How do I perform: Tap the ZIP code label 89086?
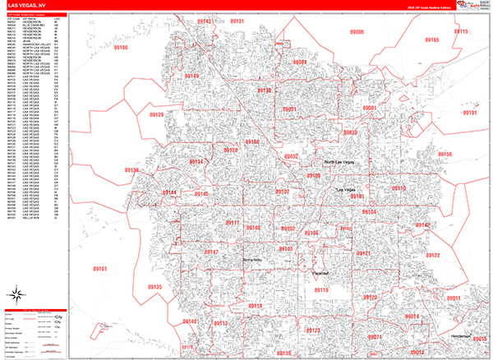[x=356, y=30]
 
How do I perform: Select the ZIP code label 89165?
[x=431, y=39]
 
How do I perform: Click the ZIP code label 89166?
[x=121, y=48]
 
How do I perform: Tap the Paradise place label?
[x=320, y=271]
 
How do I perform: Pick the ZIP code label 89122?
[x=432, y=256]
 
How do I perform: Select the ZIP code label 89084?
[x=299, y=62]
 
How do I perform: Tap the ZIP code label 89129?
[x=156, y=115]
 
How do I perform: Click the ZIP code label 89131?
[x=237, y=21]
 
